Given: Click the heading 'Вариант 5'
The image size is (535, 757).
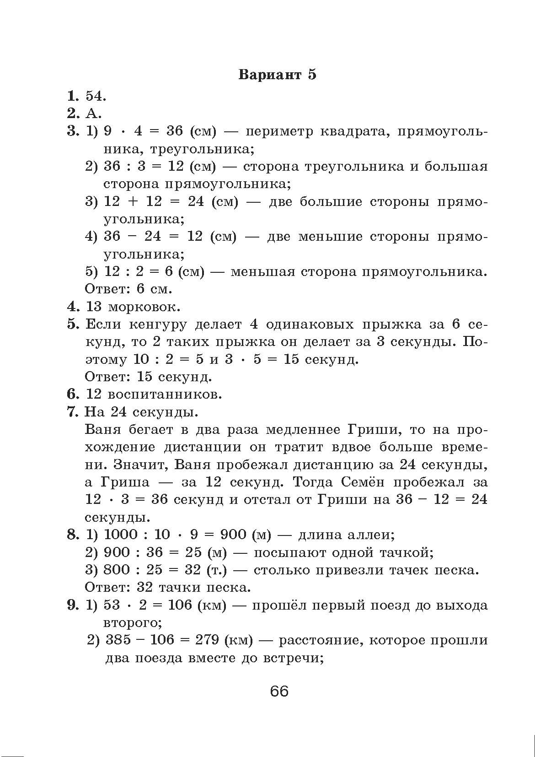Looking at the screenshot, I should [277, 75].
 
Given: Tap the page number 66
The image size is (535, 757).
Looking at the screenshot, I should [279, 691].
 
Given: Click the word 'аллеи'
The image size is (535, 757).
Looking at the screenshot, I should [371, 535].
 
